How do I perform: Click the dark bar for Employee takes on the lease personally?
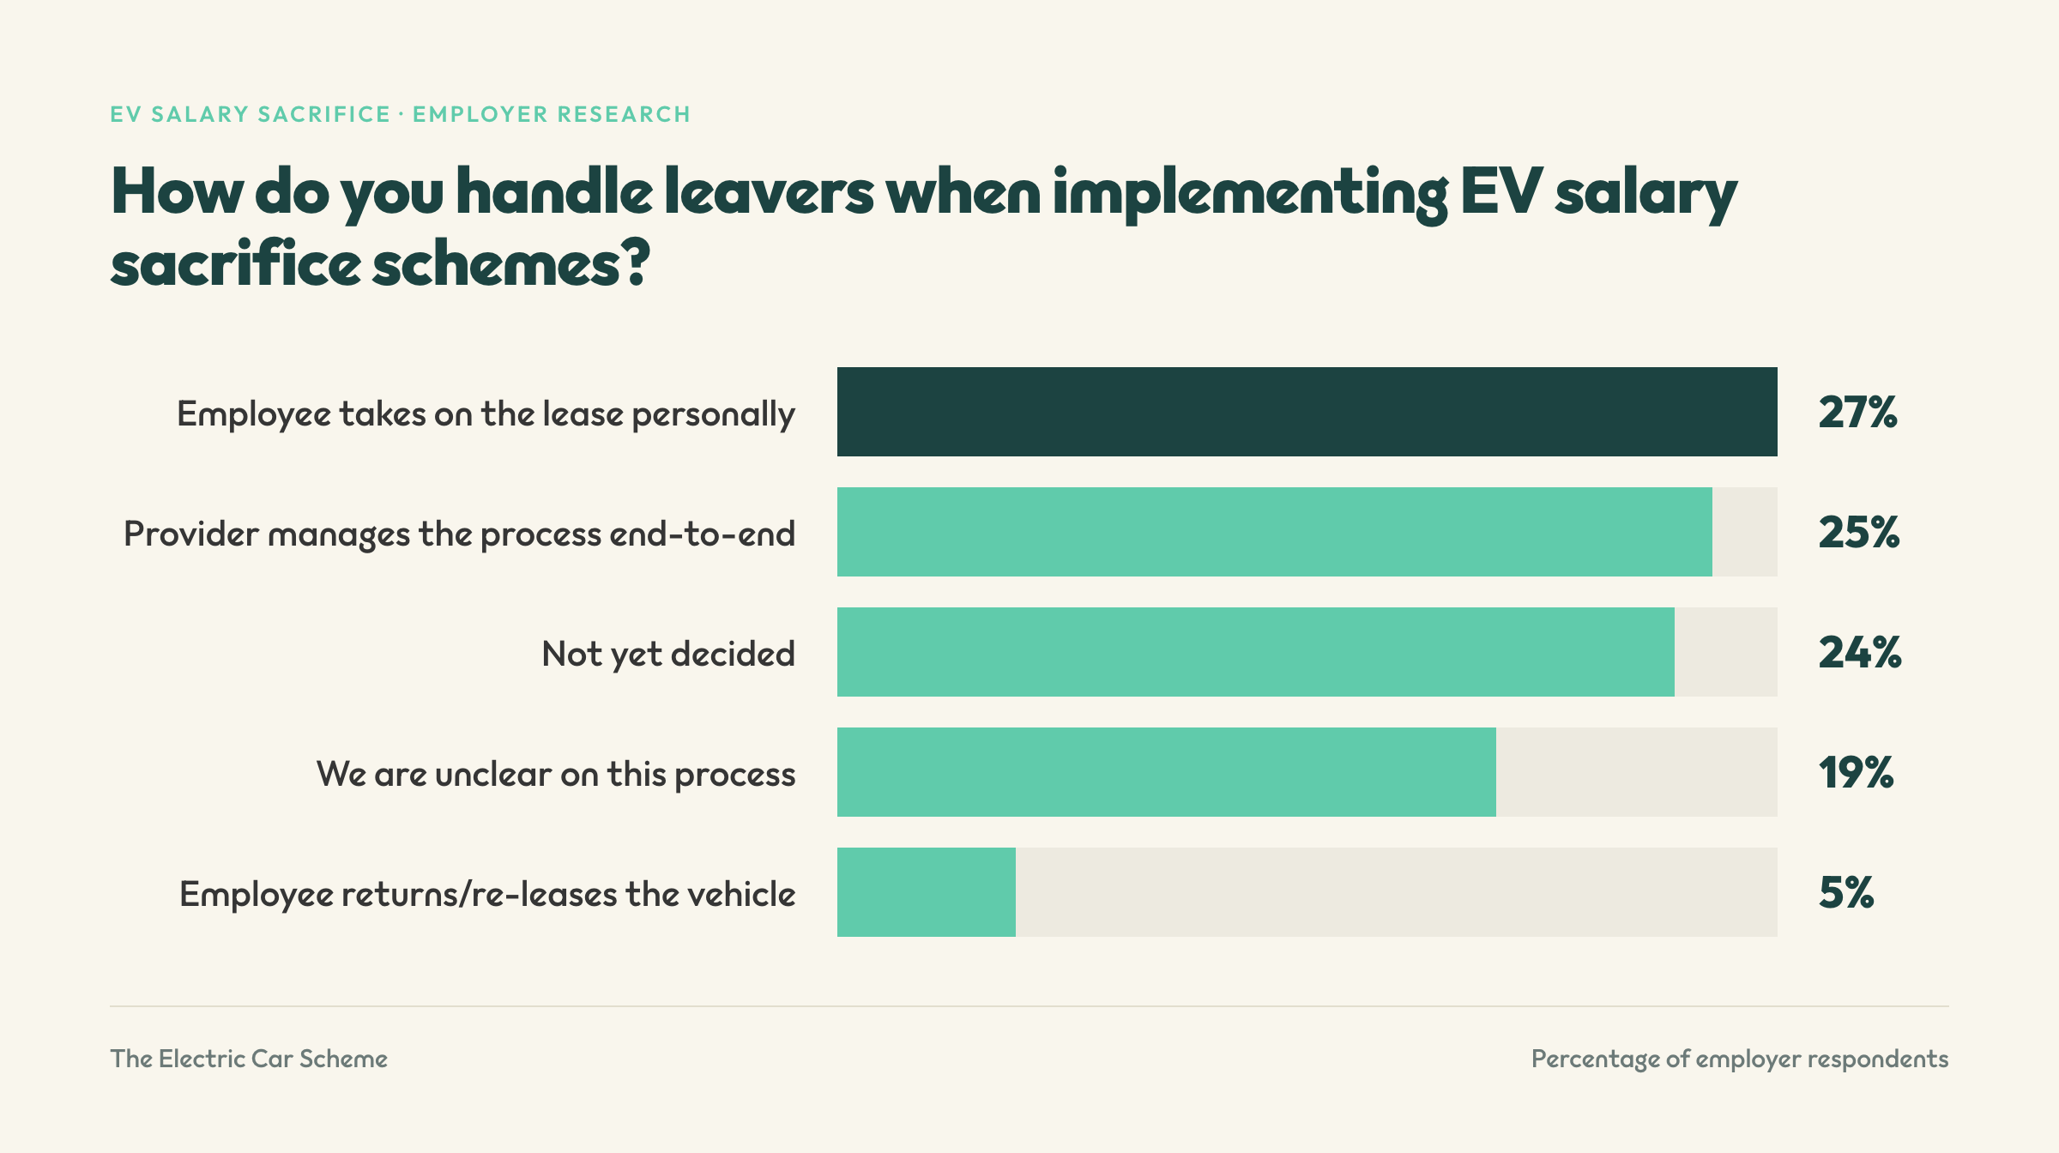(x=1307, y=412)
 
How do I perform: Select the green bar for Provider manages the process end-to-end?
(x=1275, y=532)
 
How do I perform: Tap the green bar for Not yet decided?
(x=1256, y=652)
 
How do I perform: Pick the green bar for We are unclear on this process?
(x=1167, y=772)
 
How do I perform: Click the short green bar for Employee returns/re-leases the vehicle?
(x=927, y=892)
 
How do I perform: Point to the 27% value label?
(x=1858, y=413)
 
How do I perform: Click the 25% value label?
(x=1859, y=533)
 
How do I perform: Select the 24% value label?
(x=1860, y=653)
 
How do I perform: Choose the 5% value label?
(x=1846, y=893)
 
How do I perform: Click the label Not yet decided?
(x=668, y=655)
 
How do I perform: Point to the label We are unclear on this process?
(x=556, y=775)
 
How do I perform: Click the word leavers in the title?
(x=769, y=192)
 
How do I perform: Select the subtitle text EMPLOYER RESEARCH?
(x=552, y=114)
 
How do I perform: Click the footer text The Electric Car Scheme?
(x=249, y=1059)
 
